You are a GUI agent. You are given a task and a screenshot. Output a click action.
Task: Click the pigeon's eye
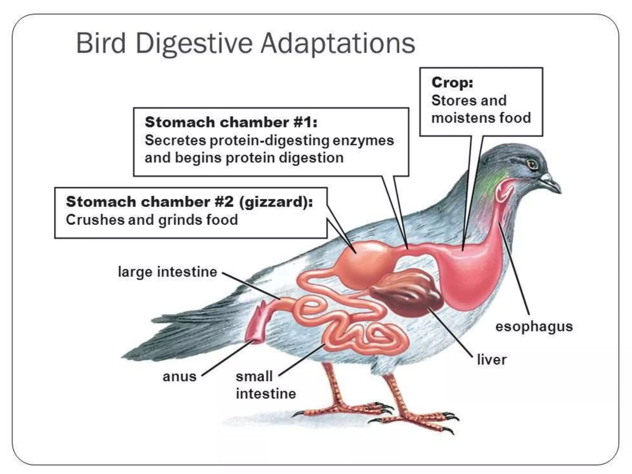click(x=532, y=164)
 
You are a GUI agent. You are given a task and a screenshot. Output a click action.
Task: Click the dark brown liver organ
click(x=407, y=292)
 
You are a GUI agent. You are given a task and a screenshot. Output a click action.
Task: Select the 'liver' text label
click(x=492, y=360)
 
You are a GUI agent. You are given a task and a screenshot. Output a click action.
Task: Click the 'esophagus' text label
click(x=534, y=326)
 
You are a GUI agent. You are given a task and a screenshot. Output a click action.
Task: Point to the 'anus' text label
click(x=180, y=376)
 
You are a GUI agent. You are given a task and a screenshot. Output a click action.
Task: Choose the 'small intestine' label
click(x=265, y=385)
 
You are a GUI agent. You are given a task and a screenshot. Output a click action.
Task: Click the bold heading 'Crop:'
click(x=452, y=82)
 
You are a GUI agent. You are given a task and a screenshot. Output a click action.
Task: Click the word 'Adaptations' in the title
click(x=338, y=43)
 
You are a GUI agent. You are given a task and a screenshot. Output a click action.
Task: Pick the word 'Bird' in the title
click(x=101, y=43)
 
